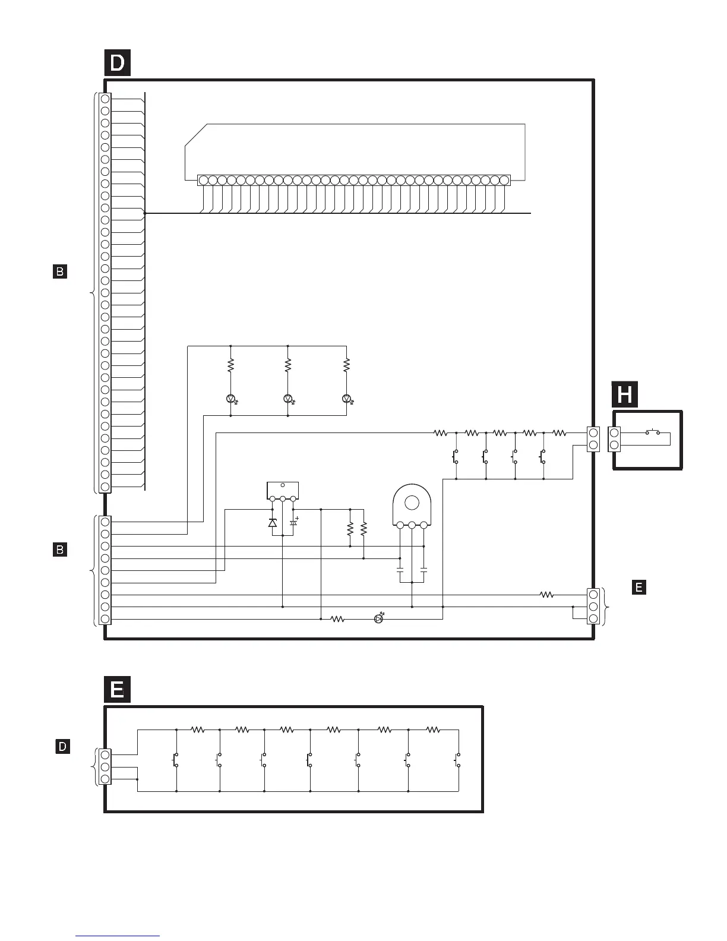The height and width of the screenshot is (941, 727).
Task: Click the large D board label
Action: tap(118, 63)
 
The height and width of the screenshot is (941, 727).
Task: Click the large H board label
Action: tap(625, 395)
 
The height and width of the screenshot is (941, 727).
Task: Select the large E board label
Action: tap(117, 690)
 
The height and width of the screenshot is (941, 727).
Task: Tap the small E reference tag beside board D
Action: tap(639, 588)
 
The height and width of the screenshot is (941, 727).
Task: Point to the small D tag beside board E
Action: tap(62, 746)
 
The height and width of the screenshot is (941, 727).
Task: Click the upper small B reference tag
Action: tap(60, 272)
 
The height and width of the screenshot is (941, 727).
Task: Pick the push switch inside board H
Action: tap(653, 432)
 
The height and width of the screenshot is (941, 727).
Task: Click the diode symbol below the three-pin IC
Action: tap(273, 523)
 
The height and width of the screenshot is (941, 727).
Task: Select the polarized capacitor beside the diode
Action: tap(293, 523)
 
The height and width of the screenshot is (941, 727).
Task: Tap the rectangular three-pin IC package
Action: tap(283, 491)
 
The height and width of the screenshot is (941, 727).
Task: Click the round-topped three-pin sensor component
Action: tap(412, 507)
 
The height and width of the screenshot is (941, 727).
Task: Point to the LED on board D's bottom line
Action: tap(379, 619)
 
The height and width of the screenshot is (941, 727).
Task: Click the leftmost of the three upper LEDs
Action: tap(230, 398)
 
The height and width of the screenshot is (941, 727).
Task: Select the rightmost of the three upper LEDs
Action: tap(346, 398)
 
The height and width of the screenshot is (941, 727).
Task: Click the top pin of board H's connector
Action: tap(615, 432)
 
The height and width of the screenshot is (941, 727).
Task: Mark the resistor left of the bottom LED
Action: tap(337, 619)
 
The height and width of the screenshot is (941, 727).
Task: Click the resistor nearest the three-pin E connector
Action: tap(546, 595)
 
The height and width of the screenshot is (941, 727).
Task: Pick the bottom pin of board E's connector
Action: tap(105, 779)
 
